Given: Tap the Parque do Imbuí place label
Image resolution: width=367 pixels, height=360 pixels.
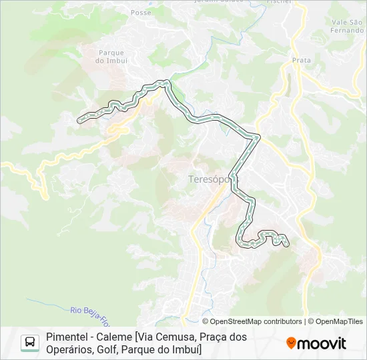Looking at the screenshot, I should click(x=111, y=57).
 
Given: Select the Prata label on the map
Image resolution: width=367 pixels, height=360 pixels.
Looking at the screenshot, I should click(x=302, y=60).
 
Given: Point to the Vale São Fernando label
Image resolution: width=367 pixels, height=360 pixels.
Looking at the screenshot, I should click(x=348, y=27).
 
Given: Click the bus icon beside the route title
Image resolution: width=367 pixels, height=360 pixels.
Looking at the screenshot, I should click(x=30, y=343).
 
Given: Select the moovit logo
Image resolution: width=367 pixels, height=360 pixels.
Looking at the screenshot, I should click(x=316, y=343).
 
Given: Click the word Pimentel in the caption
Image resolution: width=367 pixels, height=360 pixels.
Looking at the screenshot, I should click(x=66, y=337).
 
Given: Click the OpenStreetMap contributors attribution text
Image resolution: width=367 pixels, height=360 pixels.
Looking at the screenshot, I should click(x=252, y=321).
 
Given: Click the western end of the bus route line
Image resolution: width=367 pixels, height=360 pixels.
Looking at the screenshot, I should click(x=80, y=121).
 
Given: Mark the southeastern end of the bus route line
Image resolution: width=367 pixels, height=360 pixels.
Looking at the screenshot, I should click(x=287, y=245).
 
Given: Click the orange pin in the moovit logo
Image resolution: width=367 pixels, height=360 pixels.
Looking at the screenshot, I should click(x=291, y=343).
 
